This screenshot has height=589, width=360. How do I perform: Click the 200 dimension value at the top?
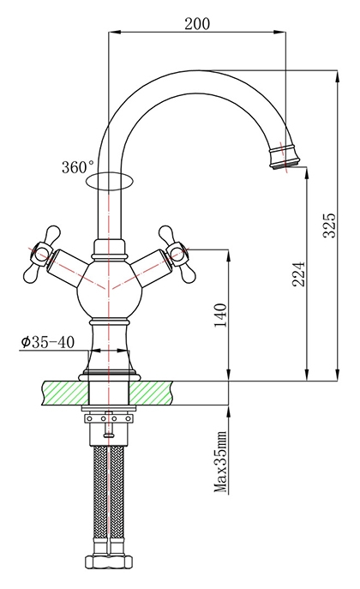pyautogui.click(x=197, y=24)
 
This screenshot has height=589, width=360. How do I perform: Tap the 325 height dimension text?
pyautogui.click(x=330, y=225)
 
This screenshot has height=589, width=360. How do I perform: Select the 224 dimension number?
pyautogui.click(x=299, y=273)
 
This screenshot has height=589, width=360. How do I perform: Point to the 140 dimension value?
pyautogui.click(x=221, y=316)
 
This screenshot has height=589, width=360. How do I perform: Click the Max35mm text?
pyautogui.click(x=221, y=462)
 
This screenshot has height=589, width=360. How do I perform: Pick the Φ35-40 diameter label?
pyautogui.click(x=48, y=342)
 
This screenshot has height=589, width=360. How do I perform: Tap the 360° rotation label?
pyautogui.click(x=78, y=167)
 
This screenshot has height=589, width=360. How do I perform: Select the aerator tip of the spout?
pyautogui.click(x=285, y=157)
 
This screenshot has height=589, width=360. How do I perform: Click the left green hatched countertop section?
pyautogui.click(x=66, y=393)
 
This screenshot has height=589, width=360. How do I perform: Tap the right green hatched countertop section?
pyautogui.click(x=151, y=393)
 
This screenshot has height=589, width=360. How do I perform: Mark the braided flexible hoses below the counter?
pyautogui.click(x=109, y=501)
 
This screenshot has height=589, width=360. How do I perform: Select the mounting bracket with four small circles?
pyautogui.click(x=109, y=418)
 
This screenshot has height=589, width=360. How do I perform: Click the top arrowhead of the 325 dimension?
pyautogui.click(x=338, y=76)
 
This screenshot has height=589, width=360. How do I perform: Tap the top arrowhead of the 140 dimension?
pyautogui.click(x=228, y=255)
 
